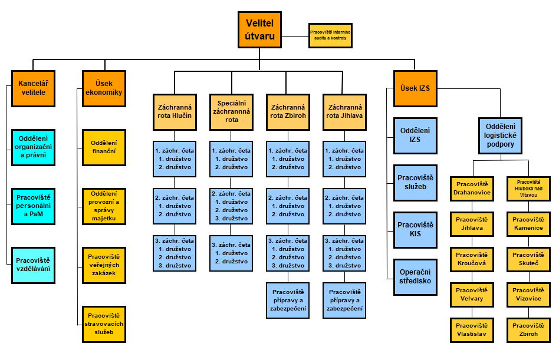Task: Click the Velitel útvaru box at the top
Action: pos(259,29)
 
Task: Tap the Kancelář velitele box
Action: pos(32,88)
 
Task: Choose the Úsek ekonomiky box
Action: pos(104,88)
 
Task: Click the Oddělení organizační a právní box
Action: pos(32,147)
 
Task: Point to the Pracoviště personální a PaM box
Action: pos(32,206)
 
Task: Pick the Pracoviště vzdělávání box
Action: pos(32,265)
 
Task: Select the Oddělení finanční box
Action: pos(104,147)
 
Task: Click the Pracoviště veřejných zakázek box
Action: pos(104,265)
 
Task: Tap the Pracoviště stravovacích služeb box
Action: pos(104,323)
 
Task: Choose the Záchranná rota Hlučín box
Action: pos(175,111)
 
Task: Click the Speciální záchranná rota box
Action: pos(231,111)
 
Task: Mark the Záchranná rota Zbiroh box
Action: pos(288,111)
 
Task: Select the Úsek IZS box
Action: pos(415,88)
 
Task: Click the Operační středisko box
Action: pos(415,276)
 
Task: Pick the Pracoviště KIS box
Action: pos(415,229)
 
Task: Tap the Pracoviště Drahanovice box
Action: pos(471,188)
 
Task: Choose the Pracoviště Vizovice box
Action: pos(529,295)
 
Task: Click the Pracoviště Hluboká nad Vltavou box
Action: pos(529,188)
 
